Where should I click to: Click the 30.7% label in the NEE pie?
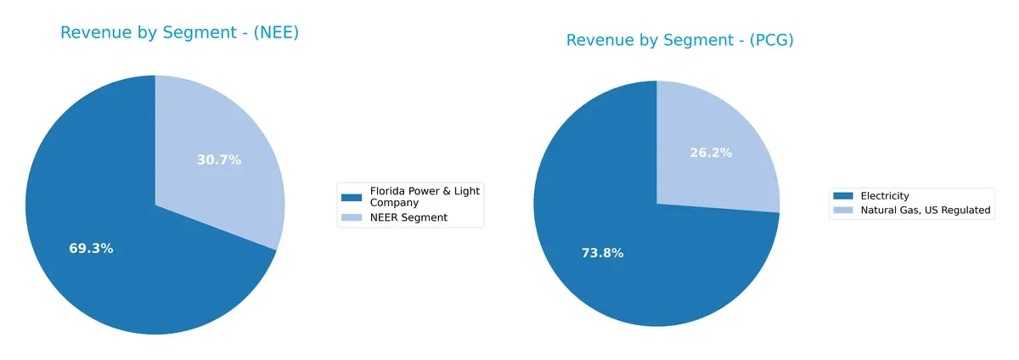219,160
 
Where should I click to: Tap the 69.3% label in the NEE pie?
91,249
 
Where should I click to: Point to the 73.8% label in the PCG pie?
602,252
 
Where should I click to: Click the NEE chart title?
179,33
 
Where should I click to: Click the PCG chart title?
679,40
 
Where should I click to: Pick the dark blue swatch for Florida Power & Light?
351,197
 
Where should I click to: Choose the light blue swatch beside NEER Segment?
351,218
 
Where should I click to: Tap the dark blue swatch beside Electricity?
844,196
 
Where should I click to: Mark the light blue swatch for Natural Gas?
844,211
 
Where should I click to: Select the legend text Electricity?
885,196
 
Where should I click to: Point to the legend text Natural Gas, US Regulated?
926,211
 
